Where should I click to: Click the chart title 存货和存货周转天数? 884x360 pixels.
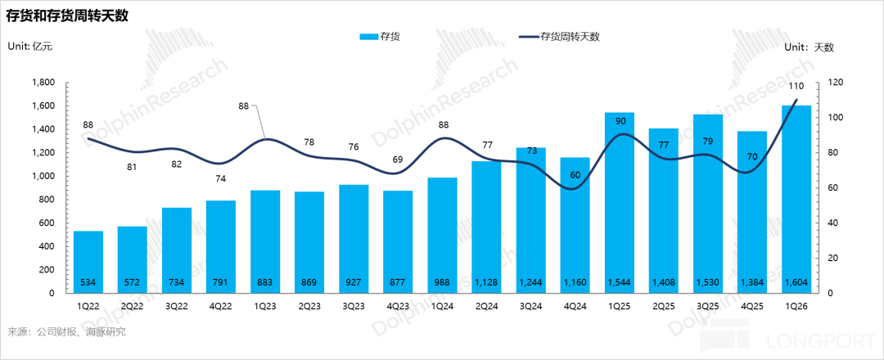67,16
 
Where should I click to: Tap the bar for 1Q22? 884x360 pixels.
88,262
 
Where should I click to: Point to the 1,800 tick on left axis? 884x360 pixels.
42,83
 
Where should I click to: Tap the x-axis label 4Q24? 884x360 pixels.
575,306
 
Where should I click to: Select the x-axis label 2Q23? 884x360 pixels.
309,306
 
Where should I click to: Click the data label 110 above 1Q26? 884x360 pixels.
796,86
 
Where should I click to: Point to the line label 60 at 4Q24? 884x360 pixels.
575,174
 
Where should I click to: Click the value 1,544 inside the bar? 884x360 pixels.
620,283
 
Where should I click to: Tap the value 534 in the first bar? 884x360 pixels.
88,283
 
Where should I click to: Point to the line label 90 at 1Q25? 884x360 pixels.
620,121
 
